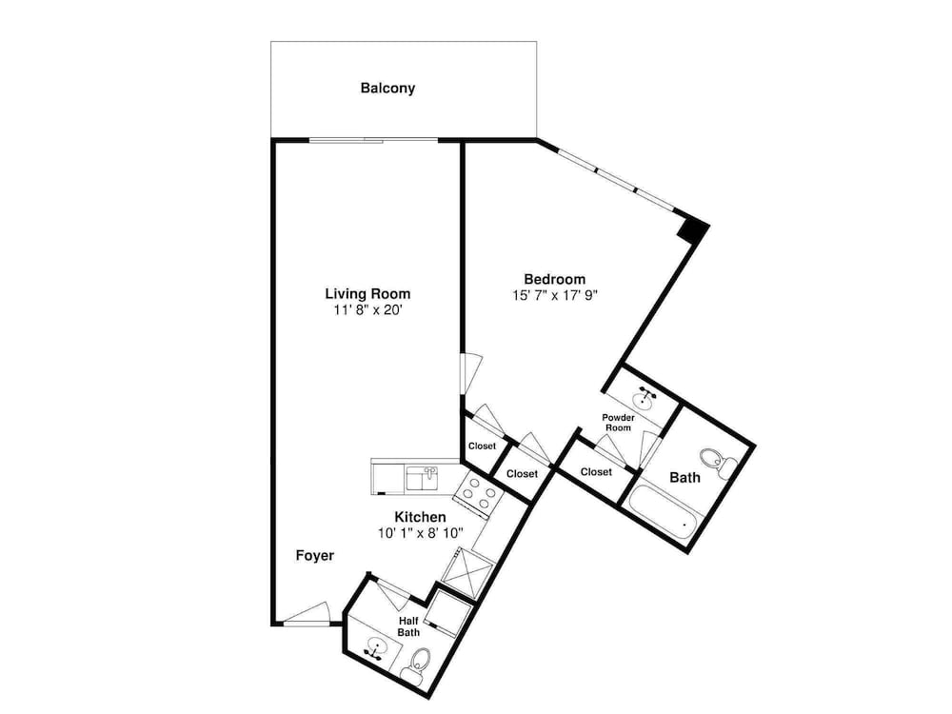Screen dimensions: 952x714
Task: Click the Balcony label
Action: point(387,88)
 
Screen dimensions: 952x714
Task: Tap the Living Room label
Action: point(367,294)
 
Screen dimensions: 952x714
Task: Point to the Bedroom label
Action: point(554,279)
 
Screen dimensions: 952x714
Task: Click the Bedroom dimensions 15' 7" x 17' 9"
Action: point(556,295)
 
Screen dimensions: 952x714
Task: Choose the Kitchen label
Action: point(420,517)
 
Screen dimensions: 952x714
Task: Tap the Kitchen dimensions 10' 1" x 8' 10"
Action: point(420,533)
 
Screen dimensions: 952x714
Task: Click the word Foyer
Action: point(314,556)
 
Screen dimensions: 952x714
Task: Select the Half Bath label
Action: point(408,626)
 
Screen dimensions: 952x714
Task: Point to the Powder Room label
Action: point(618,423)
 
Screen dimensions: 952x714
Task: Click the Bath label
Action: point(684,478)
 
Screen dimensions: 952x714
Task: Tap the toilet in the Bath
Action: point(718,463)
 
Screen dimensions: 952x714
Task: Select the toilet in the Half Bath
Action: point(418,664)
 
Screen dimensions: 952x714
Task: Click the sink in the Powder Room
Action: point(644,398)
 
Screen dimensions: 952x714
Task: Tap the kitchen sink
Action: point(423,479)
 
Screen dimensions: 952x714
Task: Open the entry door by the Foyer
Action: point(307,614)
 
